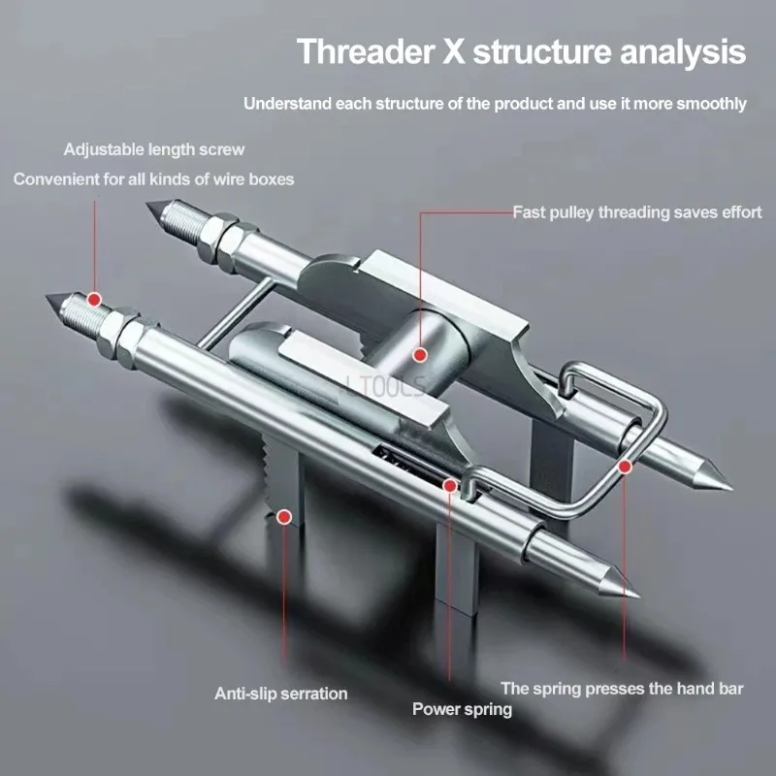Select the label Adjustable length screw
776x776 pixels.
pyautogui.click(x=154, y=149)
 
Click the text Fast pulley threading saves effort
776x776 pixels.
pyautogui.click(x=637, y=211)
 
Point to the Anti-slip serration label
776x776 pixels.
pyautogui.click(x=281, y=693)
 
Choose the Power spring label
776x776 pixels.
pyautogui.click(x=463, y=709)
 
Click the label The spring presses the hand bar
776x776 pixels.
pyautogui.click(x=623, y=689)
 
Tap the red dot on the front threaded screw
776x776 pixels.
pyautogui.click(x=94, y=299)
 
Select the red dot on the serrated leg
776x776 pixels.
pyautogui.click(x=284, y=517)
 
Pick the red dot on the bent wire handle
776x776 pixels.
pyautogui.click(x=626, y=467)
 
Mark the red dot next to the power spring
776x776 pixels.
pyautogui.click(x=450, y=483)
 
